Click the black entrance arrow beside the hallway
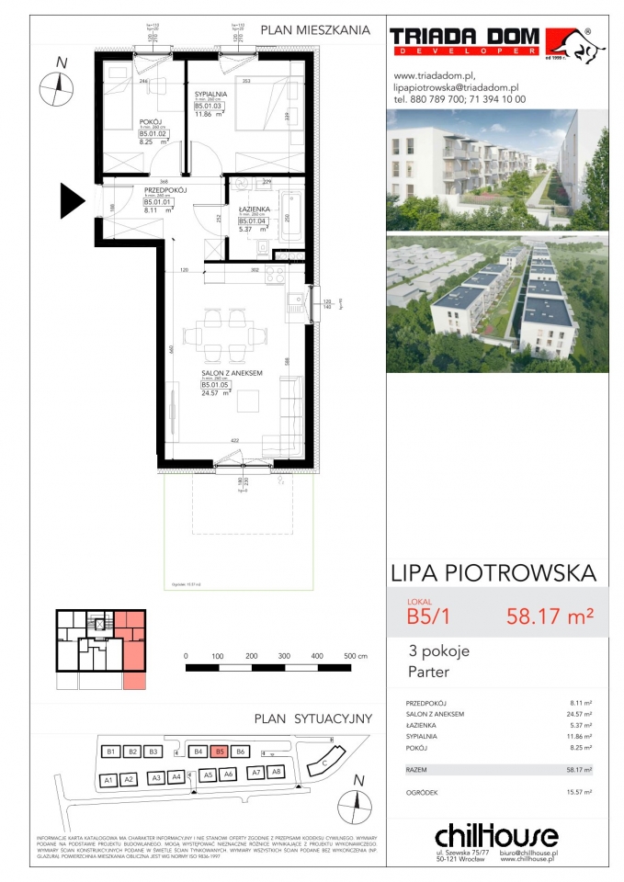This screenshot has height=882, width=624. (x=72, y=200)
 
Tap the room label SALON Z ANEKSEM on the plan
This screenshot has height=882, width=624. (x=233, y=373)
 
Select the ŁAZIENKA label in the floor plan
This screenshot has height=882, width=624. (x=252, y=208)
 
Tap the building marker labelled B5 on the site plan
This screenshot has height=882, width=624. (x=219, y=751)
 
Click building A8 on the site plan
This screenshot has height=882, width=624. (x=275, y=774)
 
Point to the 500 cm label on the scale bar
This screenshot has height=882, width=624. (x=356, y=657)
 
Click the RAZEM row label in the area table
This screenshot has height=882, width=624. (x=418, y=768)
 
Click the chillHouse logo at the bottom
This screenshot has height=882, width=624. (x=496, y=835)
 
